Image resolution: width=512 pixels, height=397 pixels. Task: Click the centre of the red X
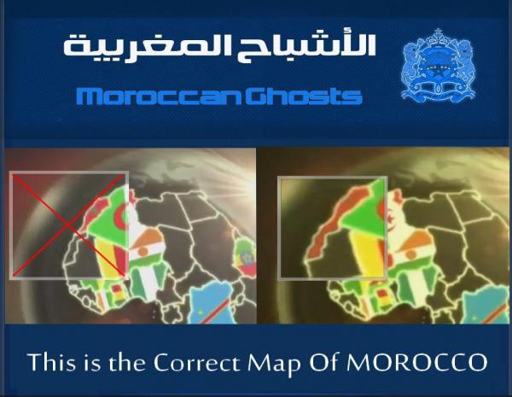click(68, 225)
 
